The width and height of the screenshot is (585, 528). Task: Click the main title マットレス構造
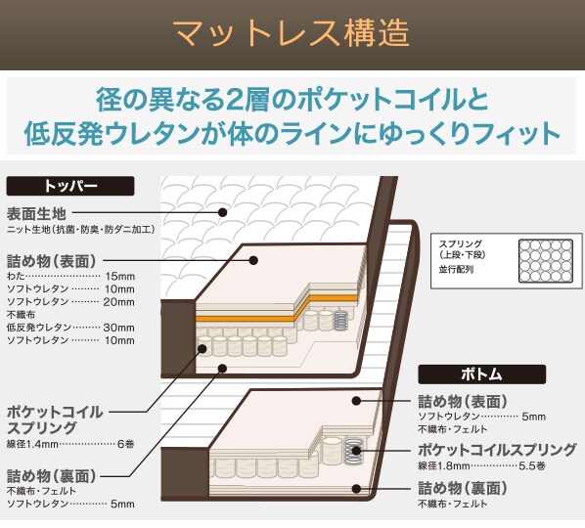coord(292,34)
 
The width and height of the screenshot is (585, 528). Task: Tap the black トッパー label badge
coord(70,186)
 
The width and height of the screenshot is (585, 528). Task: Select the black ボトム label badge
coord(481,374)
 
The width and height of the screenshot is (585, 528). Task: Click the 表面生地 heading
coord(36,214)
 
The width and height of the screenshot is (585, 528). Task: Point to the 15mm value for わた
coord(119,277)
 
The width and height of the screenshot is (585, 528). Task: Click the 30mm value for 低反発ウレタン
coord(119,328)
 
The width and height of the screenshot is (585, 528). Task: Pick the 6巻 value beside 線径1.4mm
coord(126,444)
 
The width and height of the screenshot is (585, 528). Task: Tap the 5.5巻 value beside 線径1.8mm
coord(532,465)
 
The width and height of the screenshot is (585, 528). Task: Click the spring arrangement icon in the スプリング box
coord(546,261)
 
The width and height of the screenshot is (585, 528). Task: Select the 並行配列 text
coord(456,269)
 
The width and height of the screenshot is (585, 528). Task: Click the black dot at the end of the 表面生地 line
coord(223,212)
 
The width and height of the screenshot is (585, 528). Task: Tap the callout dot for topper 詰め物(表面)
coord(253,260)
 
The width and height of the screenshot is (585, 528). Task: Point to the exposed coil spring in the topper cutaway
coord(341,321)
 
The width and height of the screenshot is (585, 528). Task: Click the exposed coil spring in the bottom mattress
coord(353,451)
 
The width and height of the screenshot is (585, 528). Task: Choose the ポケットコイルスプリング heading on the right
coord(497,450)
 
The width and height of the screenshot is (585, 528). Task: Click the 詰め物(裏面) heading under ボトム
coord(463,488)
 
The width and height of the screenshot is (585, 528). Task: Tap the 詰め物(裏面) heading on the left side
coord(52,476)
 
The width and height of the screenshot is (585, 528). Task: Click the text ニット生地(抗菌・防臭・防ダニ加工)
coord(80,230)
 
